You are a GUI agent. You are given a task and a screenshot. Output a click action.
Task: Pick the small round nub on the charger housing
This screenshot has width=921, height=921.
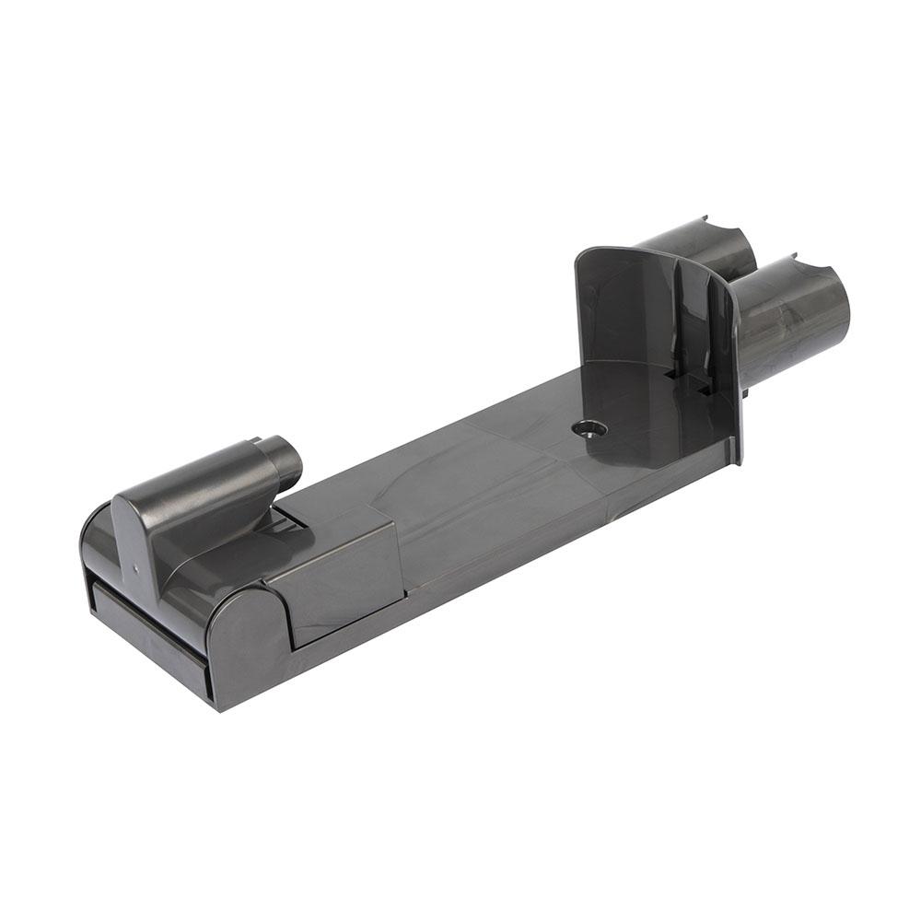point(286,460)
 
